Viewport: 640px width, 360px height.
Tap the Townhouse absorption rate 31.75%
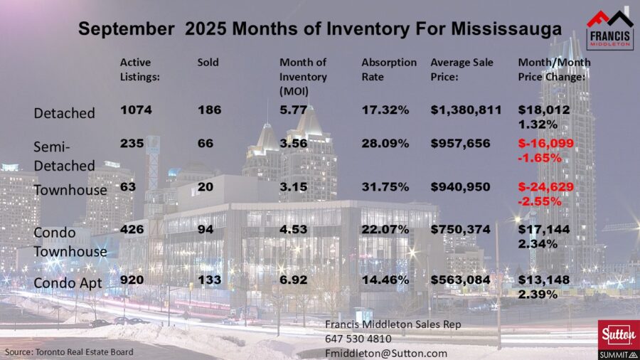(385, 189)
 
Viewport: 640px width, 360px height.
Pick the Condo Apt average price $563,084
(460, 280)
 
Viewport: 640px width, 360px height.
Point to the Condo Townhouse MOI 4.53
(293, 230)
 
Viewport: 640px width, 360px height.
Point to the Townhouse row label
(70, 190)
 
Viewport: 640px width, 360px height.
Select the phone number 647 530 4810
(357, 338)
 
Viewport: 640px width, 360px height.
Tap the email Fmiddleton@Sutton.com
(385, 352)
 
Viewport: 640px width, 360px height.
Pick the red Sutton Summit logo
(614, 338)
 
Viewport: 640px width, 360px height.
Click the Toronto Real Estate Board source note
(69, 351)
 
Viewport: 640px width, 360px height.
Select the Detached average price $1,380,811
(466, 110)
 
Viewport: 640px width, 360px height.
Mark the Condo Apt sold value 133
(209, 280)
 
